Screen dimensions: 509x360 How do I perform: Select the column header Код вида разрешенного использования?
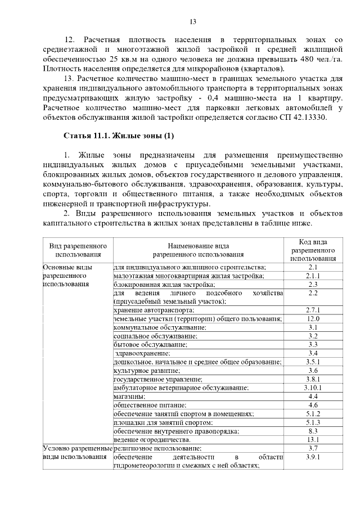[x=313, y=250]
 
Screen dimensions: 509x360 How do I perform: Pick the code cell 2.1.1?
[x=313, y=276]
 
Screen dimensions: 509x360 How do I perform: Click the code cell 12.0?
[x=313, y=319]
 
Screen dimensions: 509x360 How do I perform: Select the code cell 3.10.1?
[x=313, y=388]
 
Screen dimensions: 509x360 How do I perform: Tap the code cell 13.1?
[x=313, y=439]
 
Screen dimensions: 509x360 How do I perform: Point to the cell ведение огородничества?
[x=152, y=439]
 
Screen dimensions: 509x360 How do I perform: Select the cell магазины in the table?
[x=130, y=397]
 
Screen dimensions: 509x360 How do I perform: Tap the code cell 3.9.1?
[x=313, y=457]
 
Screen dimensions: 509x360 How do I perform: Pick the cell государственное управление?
[x=154, y=379]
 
